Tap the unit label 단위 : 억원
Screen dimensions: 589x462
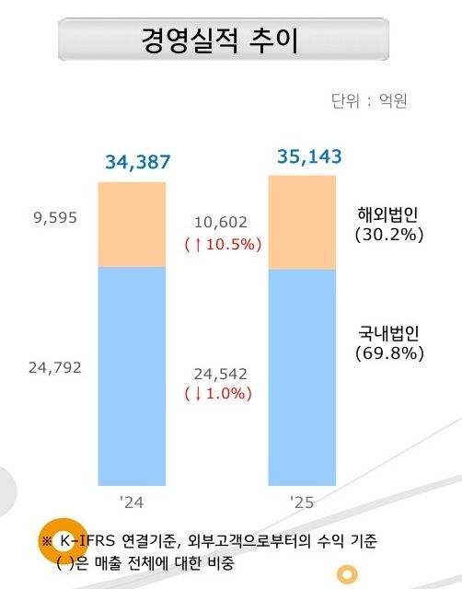point(369,100)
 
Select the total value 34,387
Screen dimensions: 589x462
point(138,163)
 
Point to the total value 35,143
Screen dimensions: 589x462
point(309,156)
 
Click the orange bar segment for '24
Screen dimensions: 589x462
point(133,224)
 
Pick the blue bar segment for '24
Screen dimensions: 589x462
point(133,375)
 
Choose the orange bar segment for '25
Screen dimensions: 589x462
point(302,221)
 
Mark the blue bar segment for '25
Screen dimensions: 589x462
point(302,377)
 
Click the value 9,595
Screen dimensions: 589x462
point(54,218)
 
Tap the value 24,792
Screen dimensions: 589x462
point(54,368)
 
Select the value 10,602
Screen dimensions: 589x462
point(221,222)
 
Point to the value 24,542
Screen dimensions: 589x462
point(221,374)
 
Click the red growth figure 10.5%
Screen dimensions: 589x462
point(223,244)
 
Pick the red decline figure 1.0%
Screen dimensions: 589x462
point(221,394)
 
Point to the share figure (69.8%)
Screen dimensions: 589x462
point(388,352)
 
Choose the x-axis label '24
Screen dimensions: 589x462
point(133,502)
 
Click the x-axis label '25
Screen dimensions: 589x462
point(302,502)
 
